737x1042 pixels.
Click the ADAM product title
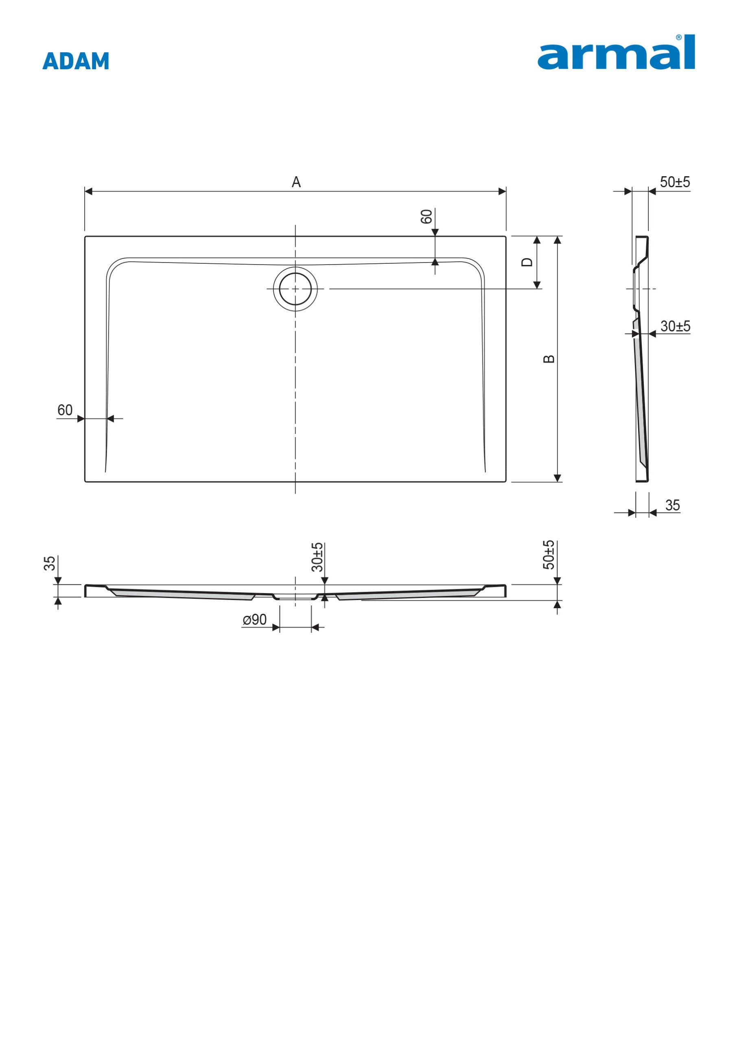76,61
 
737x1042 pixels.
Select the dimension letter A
296,182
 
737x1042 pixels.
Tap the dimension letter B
549,359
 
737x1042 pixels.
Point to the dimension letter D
527,262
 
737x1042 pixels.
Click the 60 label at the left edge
65,410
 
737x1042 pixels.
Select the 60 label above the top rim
426,217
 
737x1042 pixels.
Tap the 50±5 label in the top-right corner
675,182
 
